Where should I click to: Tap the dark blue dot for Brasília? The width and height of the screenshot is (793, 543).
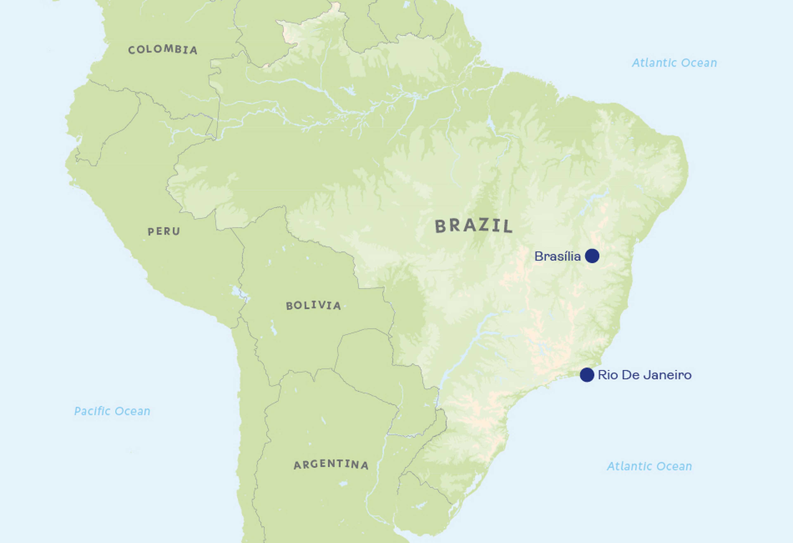(592, 256)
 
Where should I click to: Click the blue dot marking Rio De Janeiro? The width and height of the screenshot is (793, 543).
(587, 375)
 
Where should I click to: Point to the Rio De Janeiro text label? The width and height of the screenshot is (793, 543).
(645, 375)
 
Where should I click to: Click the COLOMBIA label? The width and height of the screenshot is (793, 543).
(163, 50)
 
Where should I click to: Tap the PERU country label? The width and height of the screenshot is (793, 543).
(164, 231)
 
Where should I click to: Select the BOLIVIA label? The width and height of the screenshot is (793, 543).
(313, 305)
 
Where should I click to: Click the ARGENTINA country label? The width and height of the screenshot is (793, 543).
(331, 464)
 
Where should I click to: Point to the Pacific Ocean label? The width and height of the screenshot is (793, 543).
(112, 411)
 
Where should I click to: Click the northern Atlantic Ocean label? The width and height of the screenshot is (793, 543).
(674, 63)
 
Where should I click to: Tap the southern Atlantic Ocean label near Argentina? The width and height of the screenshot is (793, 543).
(649, 466)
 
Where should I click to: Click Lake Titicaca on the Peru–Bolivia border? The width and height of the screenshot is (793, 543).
(238, 293)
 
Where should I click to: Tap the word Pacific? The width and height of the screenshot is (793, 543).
(93, 411)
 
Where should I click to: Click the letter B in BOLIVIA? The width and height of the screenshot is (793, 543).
(289, 305)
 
